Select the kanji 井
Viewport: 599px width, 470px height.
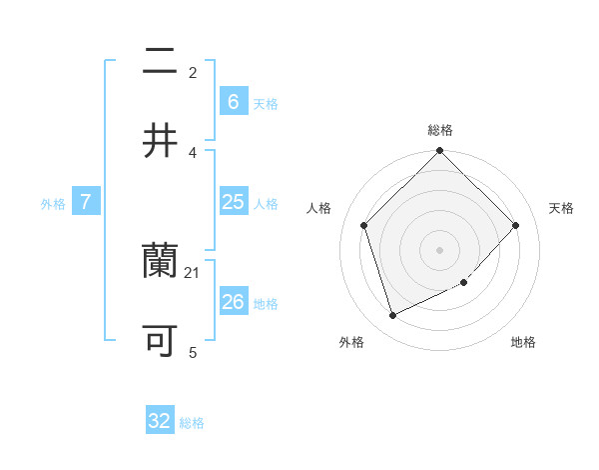click(161, 141)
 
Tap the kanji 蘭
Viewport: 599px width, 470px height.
click(161, 261)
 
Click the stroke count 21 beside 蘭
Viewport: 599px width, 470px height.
click(193, 272)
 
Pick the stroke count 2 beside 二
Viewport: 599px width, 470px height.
click(193, 73)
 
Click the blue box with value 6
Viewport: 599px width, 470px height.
click(233, 101)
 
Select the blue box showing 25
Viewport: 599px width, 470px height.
click(233, 202)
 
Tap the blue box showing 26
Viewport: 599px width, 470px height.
click(233, 301)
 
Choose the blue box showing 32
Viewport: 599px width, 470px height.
click(160, 421)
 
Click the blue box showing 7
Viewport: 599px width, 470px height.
click(86, 202)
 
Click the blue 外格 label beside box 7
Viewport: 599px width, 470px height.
click(53, 204)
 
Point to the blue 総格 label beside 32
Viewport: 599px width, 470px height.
click(192, 423)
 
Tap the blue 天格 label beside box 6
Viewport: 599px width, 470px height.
click(266, 103)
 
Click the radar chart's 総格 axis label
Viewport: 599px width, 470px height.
click(440, 130)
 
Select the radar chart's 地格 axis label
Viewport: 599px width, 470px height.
click(523, 342)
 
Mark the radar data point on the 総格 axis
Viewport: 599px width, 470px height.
click(439, 151)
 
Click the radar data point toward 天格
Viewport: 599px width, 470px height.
click(515, 225)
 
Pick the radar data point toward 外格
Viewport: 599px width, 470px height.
click(392, 315)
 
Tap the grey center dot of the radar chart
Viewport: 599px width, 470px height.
click(439, 249)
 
